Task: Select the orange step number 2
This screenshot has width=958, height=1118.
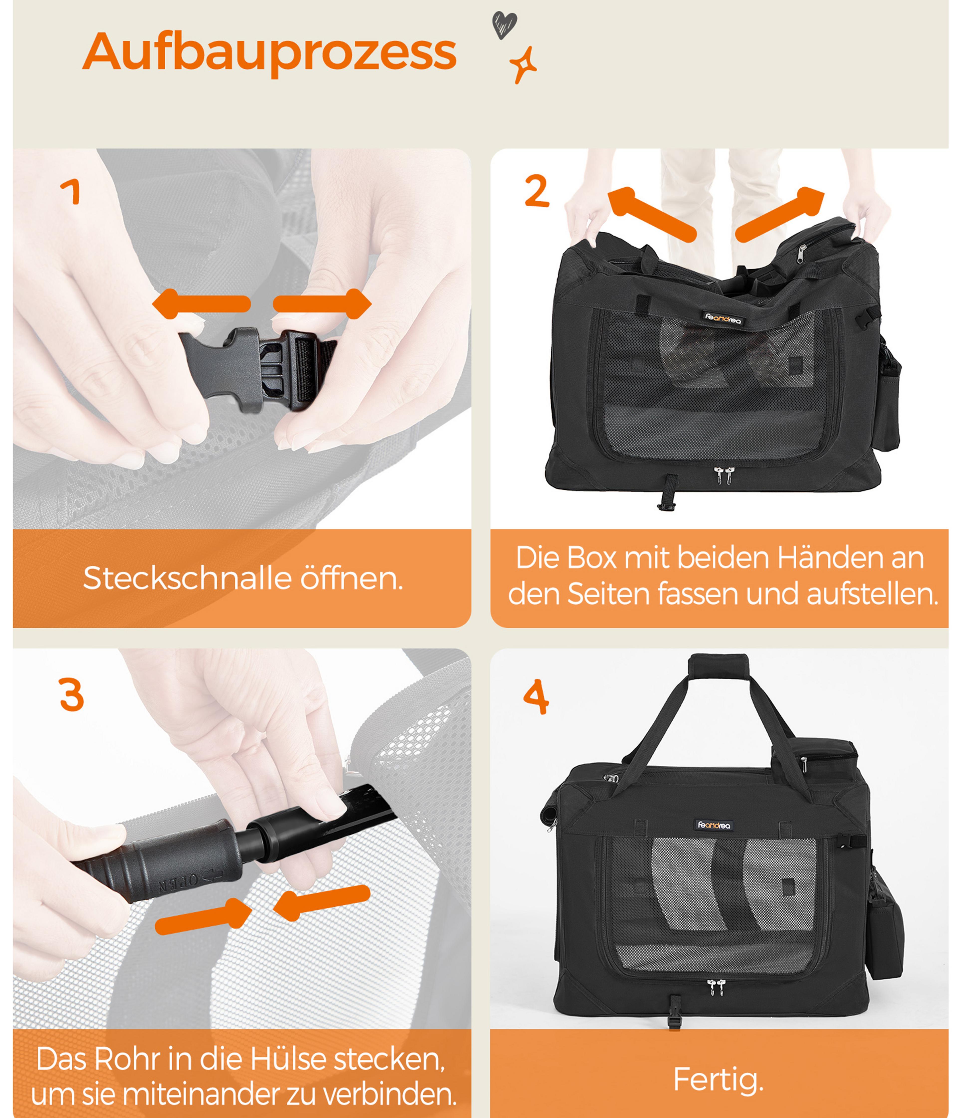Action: click(x=537, y=191)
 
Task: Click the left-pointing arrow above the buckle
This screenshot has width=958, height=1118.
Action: click(x=201, y=304)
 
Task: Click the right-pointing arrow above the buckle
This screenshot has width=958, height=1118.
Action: click(x=322, y=304)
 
